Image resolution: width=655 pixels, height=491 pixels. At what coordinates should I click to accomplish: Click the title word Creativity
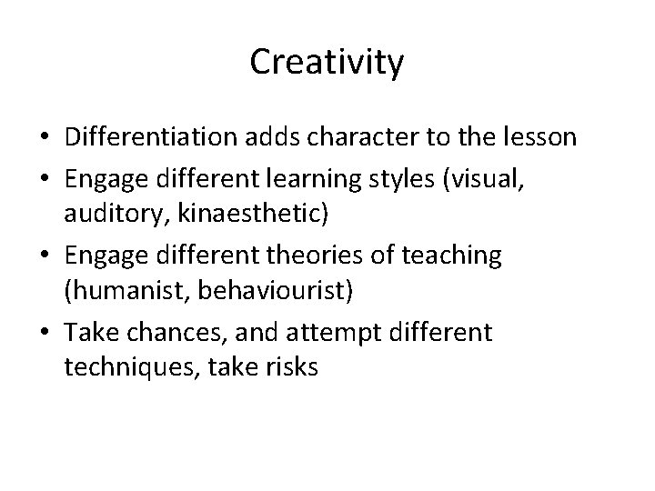point(327,64)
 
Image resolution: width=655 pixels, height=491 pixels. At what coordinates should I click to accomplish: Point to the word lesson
point(540,137)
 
